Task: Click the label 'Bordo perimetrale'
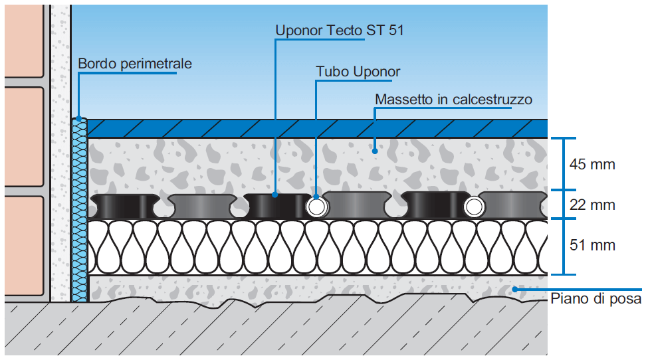pyautogui.click(x=135, y=64)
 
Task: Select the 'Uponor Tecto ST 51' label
pyautogui.click(x=340, y=30)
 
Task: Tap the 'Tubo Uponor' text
pyautogui.click(x=358, y=71)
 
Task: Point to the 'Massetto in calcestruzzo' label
pyautogui.click(x=454, y=100)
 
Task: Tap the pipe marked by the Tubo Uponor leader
pyautogui.click(x=316, y=207)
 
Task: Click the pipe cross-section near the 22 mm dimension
pyautogui.click(x=475, y=207)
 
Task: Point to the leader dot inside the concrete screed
pyautogui.click(x=375, y=151)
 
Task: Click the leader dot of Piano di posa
pyautogui.click(x=515, y=288)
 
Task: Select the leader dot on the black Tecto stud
pyautogui.click(x=275, y=195)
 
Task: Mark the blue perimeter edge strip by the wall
pyautogui.click(x=80, y=213)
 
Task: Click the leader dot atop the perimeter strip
pyautogui.click(x=80, y=120)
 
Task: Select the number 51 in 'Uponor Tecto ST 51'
pyautogui.click(x=396, y=30)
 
